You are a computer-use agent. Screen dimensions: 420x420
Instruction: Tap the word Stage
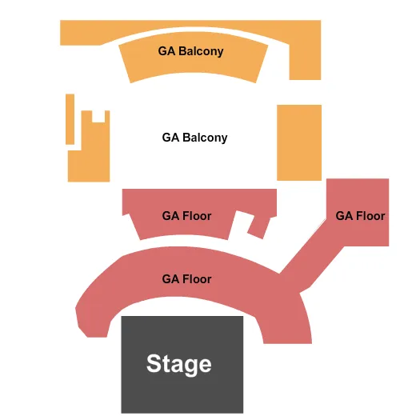click(179, 365)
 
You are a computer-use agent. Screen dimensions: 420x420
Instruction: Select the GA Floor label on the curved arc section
click(186, 279)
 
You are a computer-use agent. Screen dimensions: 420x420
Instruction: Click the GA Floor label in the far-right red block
click(360, 216)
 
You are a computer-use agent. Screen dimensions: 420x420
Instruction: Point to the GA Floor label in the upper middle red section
click(186, 216)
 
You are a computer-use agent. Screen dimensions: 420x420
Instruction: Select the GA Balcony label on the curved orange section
click(190, 51)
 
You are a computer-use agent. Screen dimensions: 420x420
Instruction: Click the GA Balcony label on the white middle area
click(194, 138)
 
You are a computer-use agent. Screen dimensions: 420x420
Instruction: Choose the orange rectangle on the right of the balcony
click(298, 142)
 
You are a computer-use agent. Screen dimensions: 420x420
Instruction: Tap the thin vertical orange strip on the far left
click(70, 119)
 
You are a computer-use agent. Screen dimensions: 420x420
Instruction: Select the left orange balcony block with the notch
click(88, 156)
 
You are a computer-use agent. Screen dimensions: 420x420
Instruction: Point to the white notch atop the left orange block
click(98, 117)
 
